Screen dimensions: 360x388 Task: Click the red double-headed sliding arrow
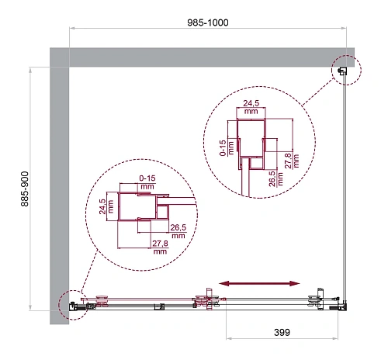pyautogui.click(x=260, y=282)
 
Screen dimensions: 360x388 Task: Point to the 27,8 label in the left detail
pyautogui.click(x=161, y=247)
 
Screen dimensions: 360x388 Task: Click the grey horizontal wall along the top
pyautogui.click(x=202, y=57)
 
